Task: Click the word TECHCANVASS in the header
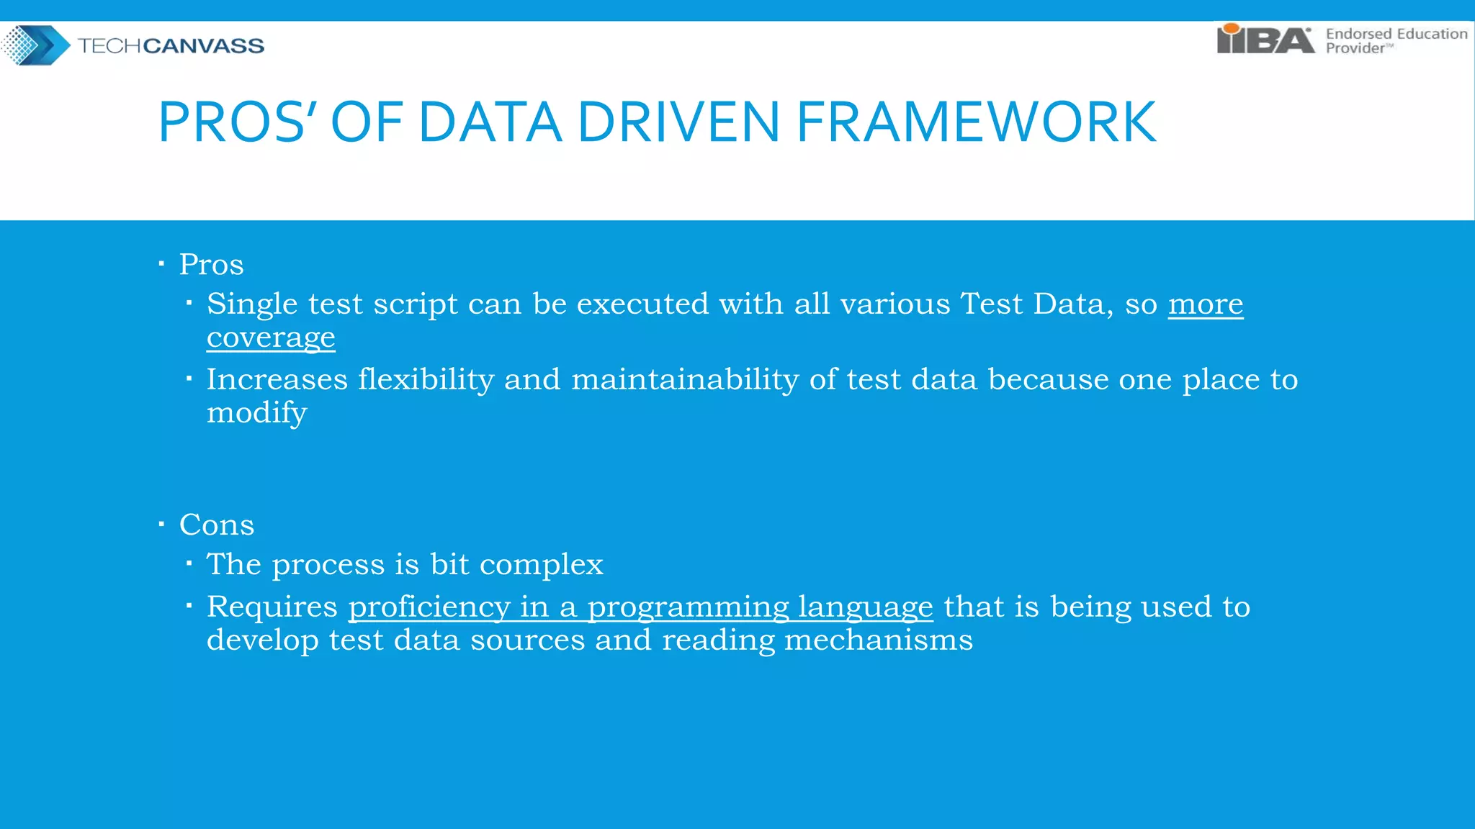pyautogui.click(x=171, y=46)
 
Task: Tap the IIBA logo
pyautogui.click(x=1265, y=40)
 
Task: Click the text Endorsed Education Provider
pyautogui.click(x=1396, y=41)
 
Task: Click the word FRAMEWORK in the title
pyautogui.click(x=976, y=122)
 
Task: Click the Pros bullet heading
pyautogui.click(x=211, y=264)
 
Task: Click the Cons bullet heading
pyautogui.click(x=216, y=525)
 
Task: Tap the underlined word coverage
pyautogui.click(x=271, y=338)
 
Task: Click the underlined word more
pyautogui.click(x=1205, y=304)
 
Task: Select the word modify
pyautogui.click(x=256, y=413)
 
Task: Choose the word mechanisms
pyautogui.click(x=878, y=640)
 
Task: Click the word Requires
pyautogui.click(x=272, y=607)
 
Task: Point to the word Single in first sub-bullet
pyautogui.click(x=251, y=304)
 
